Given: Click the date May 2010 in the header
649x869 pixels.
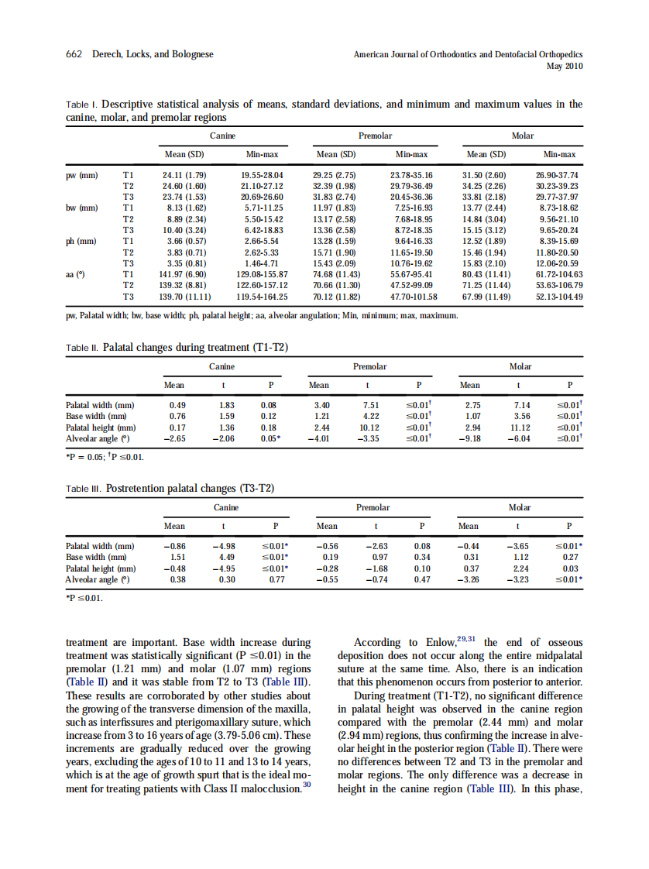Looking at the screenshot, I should click(565, 66).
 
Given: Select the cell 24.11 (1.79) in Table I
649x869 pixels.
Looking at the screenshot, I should click(184, 175).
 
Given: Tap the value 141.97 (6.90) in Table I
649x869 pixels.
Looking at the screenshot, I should click(184, 274).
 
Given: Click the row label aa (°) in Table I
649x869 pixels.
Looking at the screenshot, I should click(76, 274).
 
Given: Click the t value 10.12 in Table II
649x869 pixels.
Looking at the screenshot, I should click(369, 427).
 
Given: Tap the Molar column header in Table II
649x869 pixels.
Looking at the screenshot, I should click(520, 366).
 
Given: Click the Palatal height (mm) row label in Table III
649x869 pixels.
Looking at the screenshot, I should click(101, 568).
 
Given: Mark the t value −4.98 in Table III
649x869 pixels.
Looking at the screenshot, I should click(224, 546).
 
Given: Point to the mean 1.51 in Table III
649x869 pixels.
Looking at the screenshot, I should click(177, 557).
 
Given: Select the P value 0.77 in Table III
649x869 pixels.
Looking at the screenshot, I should click(276, 579).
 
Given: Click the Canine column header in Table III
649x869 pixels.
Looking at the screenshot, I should click(226, 507).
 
